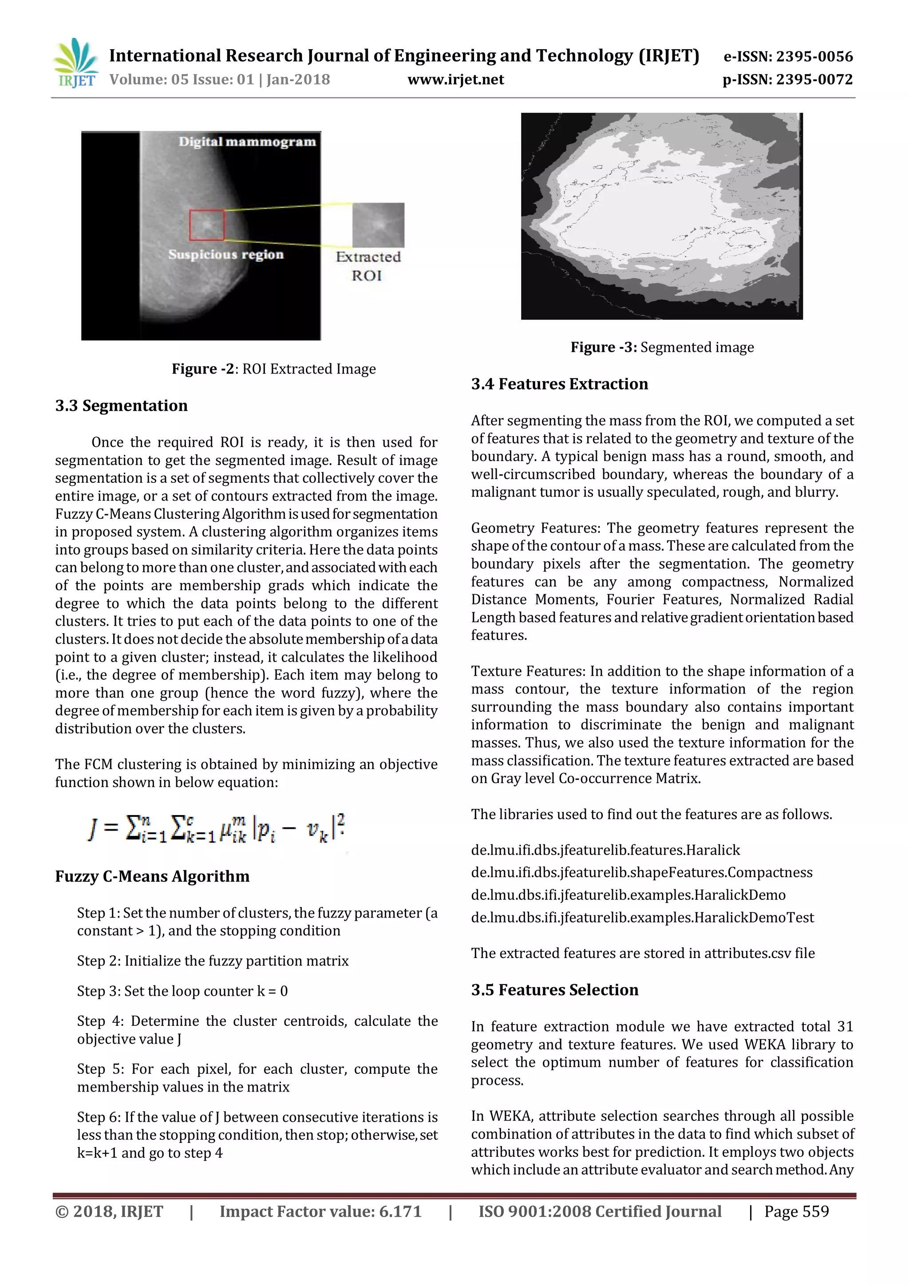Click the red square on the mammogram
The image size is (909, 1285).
pyautogui.click(x=206, y=225)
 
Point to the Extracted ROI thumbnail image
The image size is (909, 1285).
pyautogui.click(x=378, y=225)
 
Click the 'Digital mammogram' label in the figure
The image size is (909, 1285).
pyautogui.click(x=247, y=142)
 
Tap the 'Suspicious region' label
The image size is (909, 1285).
pyautogui.click(x=225, y=255)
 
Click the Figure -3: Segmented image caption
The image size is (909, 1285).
pyautogui.click(x=662, y=347)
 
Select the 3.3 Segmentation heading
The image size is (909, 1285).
pyautogui.click(x=122, y=406)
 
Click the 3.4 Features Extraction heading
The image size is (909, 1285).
pyautogui.click(x=559, y=384)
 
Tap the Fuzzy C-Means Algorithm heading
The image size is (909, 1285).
pyautogui.click(x=152, y=876)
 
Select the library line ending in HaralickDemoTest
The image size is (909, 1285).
pyautogui.click(x=642, y=917)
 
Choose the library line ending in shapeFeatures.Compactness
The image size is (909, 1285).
pyautogui.click(x=641, y=872)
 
